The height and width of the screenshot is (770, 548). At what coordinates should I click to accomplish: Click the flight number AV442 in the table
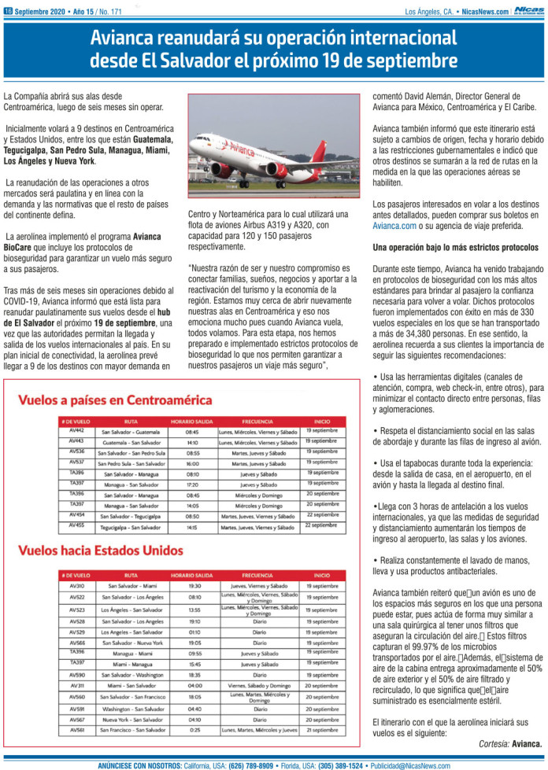click(x=76, y=430)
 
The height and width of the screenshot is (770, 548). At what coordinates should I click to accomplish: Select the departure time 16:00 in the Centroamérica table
click(x=192, y=463)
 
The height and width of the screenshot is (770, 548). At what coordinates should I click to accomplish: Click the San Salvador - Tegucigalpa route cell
click(x=131, y=515)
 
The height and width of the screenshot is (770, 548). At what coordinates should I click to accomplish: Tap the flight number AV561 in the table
click(x=77, y=729)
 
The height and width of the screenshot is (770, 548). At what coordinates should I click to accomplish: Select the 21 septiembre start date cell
click(x=323, y=729)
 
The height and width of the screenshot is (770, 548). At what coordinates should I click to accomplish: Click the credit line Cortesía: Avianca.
click(x=510, y=742)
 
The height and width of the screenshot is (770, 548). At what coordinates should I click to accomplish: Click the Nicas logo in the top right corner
click(x=528, y=11)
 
